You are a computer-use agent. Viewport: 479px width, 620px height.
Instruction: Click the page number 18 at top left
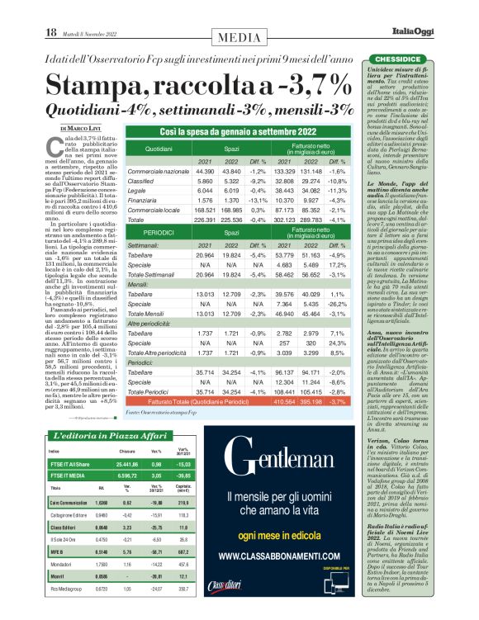[x=50, y=32]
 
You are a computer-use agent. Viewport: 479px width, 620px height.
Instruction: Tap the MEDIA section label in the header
[x=239, y=36]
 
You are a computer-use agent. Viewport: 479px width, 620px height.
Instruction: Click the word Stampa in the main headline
[x=92, y=85]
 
